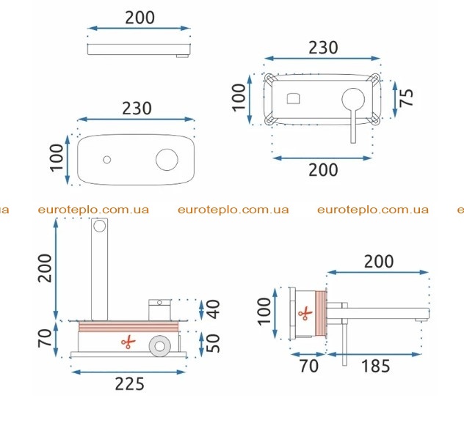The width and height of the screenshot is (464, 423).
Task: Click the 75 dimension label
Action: [x=406, y=98]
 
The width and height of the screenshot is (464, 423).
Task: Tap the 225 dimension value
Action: [x=130, y=383]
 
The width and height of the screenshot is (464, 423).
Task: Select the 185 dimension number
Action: [x=375, y=367]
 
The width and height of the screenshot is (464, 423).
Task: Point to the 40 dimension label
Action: [x=213, y=309]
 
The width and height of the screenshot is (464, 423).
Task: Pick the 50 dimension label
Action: [x=213, y=343]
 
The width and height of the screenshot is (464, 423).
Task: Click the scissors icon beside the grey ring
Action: [x=128, y=342]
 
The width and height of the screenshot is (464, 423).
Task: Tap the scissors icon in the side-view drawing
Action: [x=305, y=314]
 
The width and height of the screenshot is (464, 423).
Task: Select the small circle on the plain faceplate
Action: [x=107, y=160]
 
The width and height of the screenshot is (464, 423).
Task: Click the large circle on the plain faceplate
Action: [x=167, y=160]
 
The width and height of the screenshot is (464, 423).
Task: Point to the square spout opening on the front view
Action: [x=293, y=98]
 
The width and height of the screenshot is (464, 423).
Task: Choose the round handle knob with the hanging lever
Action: [x=353, y=100]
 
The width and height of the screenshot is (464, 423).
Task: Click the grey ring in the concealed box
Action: [x=160, y=346]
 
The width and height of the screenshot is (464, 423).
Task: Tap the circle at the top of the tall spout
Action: [x=99, y=227]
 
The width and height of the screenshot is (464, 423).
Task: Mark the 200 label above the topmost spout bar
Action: [x=139, y=18]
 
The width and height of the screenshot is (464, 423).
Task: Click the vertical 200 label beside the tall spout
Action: [x=45, y=268]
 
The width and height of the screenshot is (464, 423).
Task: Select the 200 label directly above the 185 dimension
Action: [x=379, y=262]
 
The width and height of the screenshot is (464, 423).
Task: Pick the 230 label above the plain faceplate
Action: [x=137, y=108]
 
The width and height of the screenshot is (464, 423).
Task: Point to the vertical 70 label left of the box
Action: [x=45, y=339]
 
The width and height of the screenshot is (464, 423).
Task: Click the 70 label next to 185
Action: [x=309, y=366]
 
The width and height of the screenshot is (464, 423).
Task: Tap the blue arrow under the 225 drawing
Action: [x=128, y=372]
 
